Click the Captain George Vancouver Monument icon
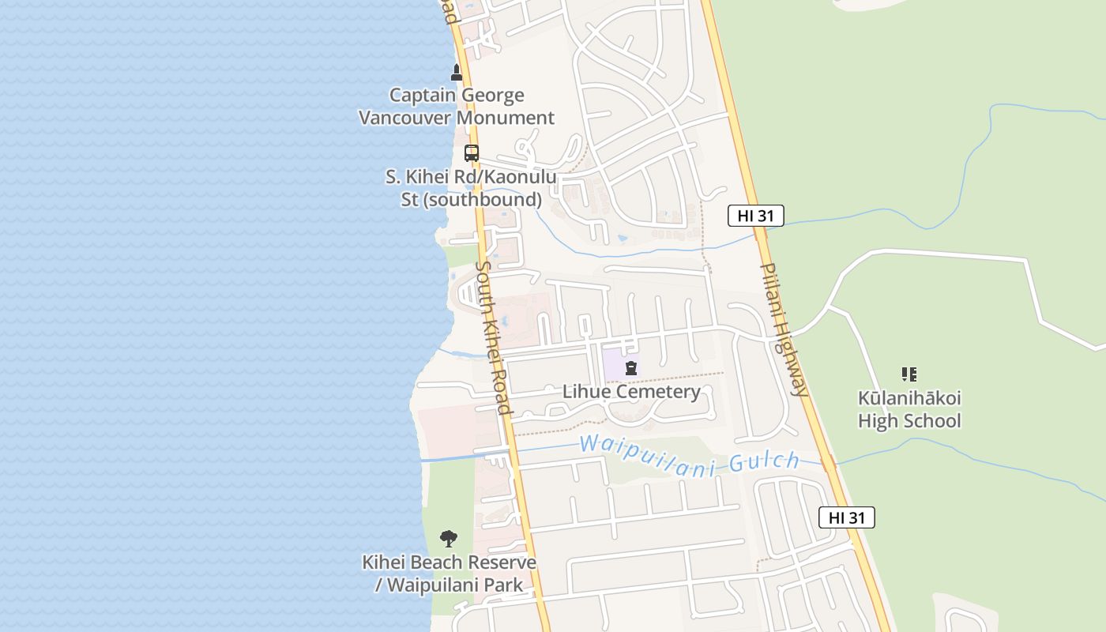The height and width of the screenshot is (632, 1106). [456, 73]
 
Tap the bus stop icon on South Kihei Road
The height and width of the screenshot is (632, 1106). [472, 153]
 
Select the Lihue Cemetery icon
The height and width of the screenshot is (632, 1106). [631, 367]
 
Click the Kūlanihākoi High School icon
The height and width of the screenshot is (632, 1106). [909, 374]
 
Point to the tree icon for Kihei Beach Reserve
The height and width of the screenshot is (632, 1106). [449, 540]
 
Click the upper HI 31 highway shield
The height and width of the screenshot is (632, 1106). [755, 216]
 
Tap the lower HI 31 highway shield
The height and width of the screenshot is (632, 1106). [846, 517]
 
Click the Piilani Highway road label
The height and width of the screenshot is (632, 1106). [784, 329]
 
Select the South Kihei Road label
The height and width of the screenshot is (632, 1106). [494, 337]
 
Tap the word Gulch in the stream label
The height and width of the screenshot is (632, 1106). [764, 463]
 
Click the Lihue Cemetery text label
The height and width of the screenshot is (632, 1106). [631, 392]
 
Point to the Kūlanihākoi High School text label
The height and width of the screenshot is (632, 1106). [909, 409]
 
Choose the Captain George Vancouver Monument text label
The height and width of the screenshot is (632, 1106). [457, 107]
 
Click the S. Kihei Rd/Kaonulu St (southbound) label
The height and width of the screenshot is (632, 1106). [471, 188]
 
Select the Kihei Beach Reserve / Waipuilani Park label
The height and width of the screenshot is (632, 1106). [449, 574]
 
